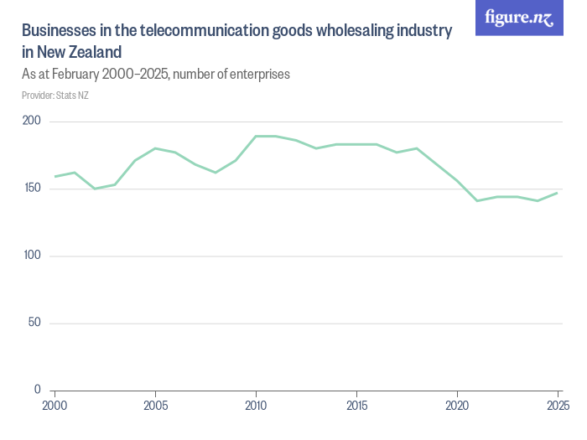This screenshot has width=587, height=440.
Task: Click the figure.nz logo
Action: pos(519,18)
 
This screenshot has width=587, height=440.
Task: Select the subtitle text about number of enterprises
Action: pos(155,74)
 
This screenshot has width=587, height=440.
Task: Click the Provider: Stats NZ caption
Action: pos(55,95)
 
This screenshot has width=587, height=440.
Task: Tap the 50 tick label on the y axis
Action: pos(35,323)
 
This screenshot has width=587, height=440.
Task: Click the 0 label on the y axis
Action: pos(38,390)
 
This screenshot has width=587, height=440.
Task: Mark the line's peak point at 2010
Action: pos(256,136)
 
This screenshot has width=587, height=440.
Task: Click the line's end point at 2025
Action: pos(558,193)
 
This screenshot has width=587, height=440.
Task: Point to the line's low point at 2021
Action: pos(477,200)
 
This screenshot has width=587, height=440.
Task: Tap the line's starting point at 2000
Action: pos(55,176)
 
